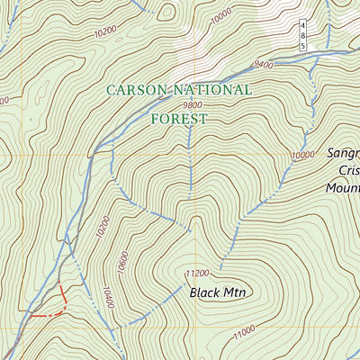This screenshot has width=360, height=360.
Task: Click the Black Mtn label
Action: click(220, 292)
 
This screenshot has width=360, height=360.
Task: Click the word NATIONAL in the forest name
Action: click(213, 90)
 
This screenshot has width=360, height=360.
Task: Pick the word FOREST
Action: click(179, 118)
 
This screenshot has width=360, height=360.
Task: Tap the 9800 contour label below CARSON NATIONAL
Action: click(191, 105)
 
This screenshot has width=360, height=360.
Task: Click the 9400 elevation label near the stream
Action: click(263, 65)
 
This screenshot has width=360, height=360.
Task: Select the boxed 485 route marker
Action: click(303, 36)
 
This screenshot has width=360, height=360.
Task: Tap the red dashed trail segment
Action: click(49, 306)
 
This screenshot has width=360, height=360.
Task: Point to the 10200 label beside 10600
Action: click(101, 227)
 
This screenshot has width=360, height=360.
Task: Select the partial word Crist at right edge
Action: click(348, 172)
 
